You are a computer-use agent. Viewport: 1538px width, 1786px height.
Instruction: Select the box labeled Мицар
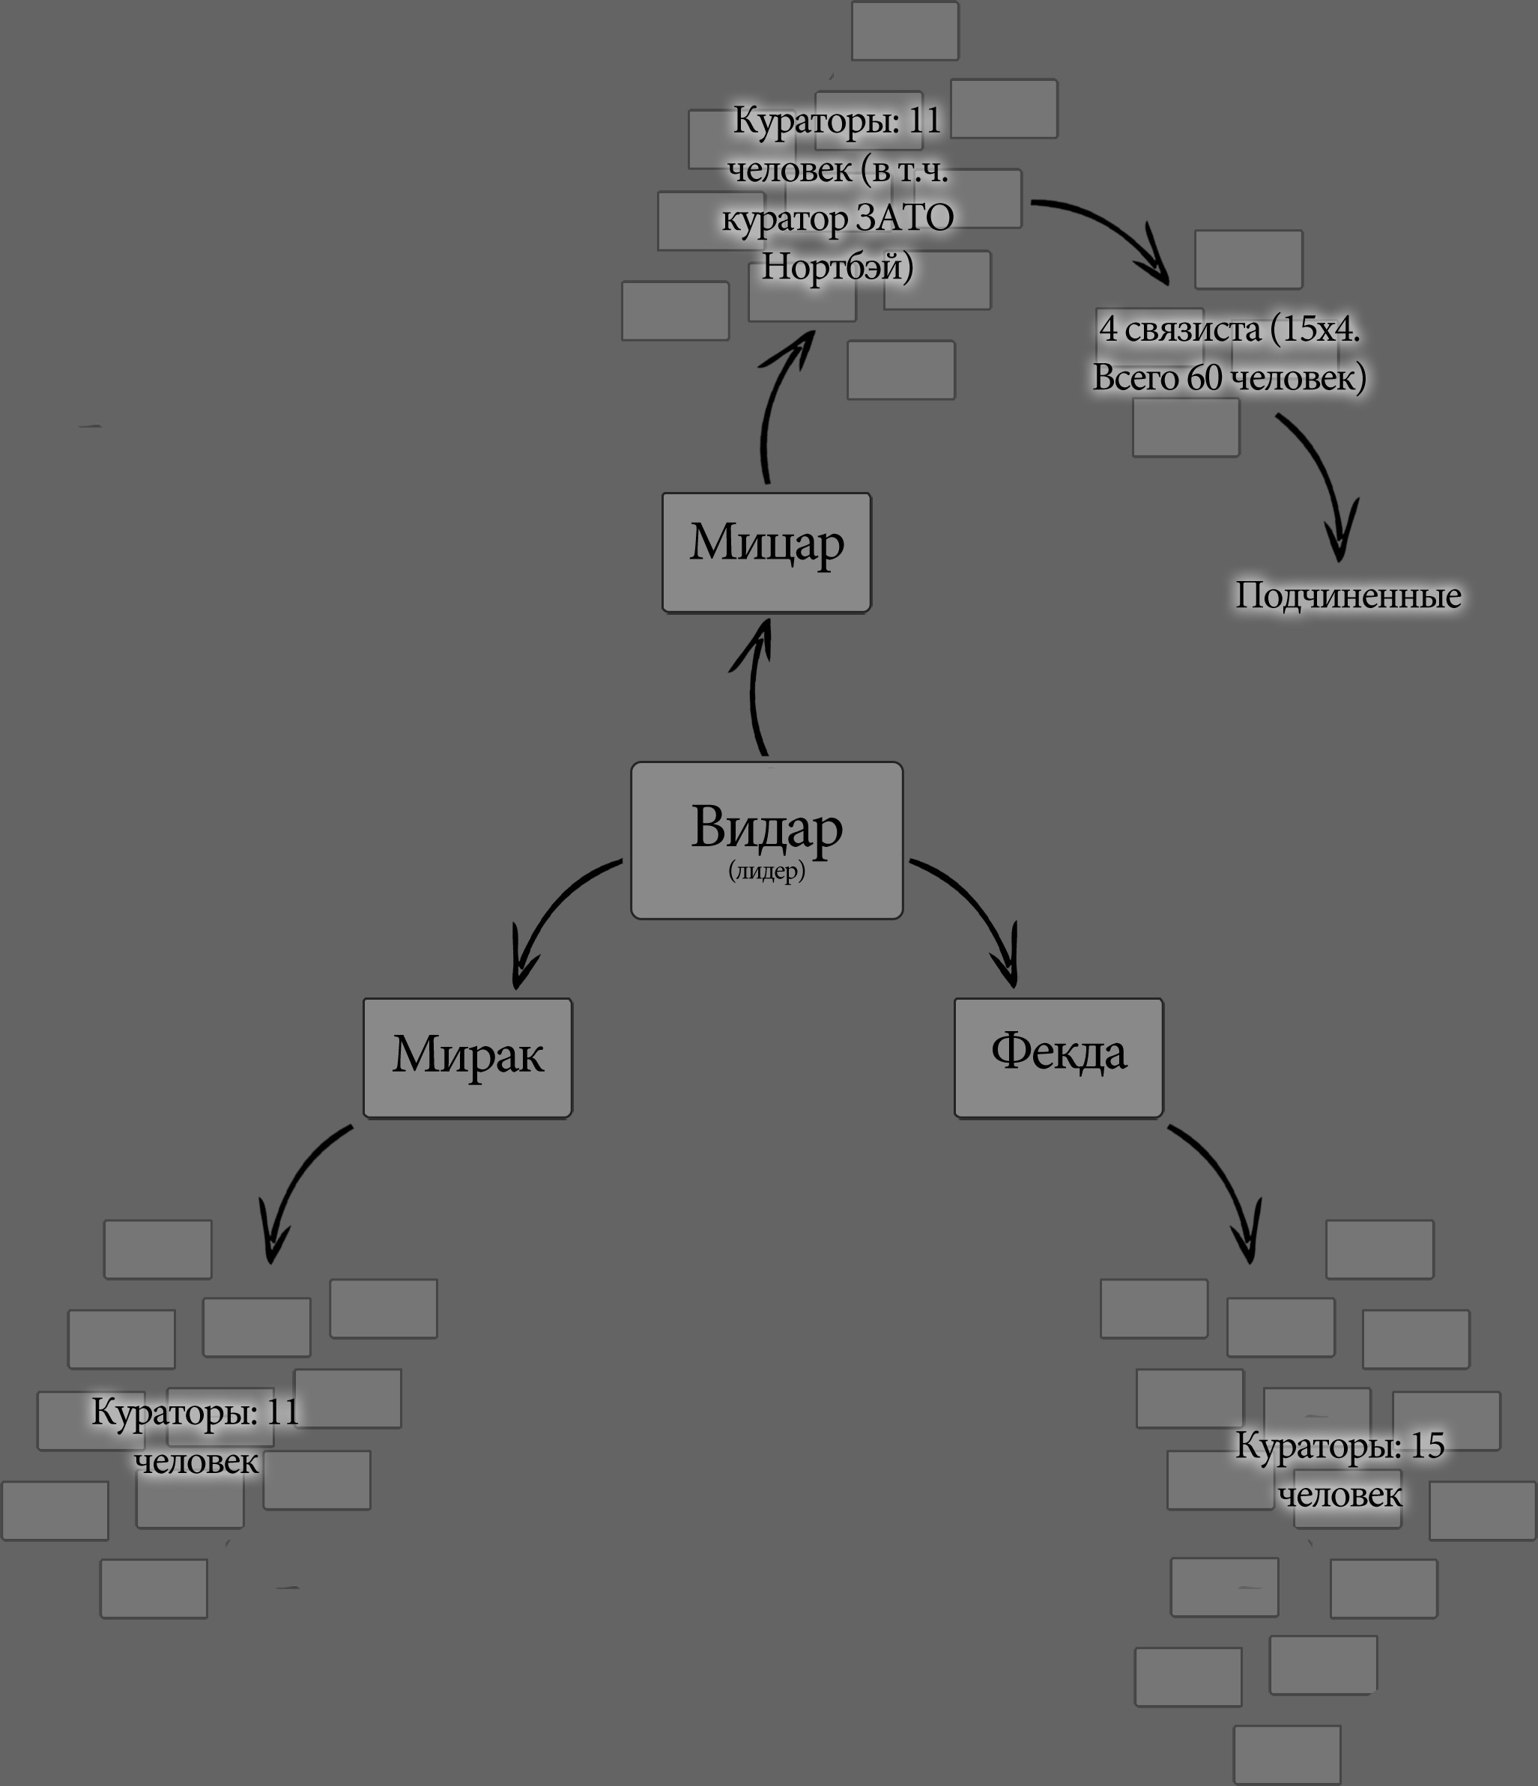pos(766,553)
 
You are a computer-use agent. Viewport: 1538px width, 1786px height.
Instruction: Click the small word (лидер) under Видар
pos(766,871)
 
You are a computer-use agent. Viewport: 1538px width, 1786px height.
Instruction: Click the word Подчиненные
pos(1348,595)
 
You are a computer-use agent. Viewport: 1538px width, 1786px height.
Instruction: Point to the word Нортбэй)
pos(836,267)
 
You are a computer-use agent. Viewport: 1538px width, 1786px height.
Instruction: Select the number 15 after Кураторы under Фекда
pos(1427,1445)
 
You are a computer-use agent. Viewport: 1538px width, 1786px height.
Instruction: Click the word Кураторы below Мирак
pos(174,1412)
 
